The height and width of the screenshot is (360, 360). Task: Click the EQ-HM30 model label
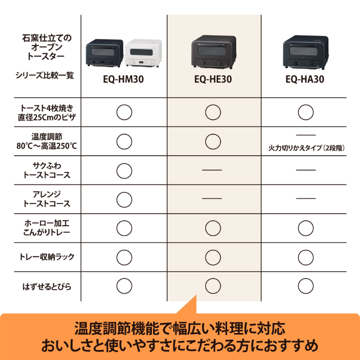(124, 80)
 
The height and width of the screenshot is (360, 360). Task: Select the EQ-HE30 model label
(213, 80)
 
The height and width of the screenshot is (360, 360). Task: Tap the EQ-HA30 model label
(305, 80)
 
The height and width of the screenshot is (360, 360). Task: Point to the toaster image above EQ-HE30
(213, 53)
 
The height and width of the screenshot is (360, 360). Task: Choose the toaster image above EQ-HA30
(305, 53)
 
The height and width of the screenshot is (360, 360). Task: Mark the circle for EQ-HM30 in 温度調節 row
(124, 141)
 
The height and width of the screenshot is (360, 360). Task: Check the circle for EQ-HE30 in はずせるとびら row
(213, 286)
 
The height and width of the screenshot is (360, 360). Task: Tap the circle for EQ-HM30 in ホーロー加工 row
(124, 228)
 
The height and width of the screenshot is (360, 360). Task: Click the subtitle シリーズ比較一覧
(44, 75)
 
